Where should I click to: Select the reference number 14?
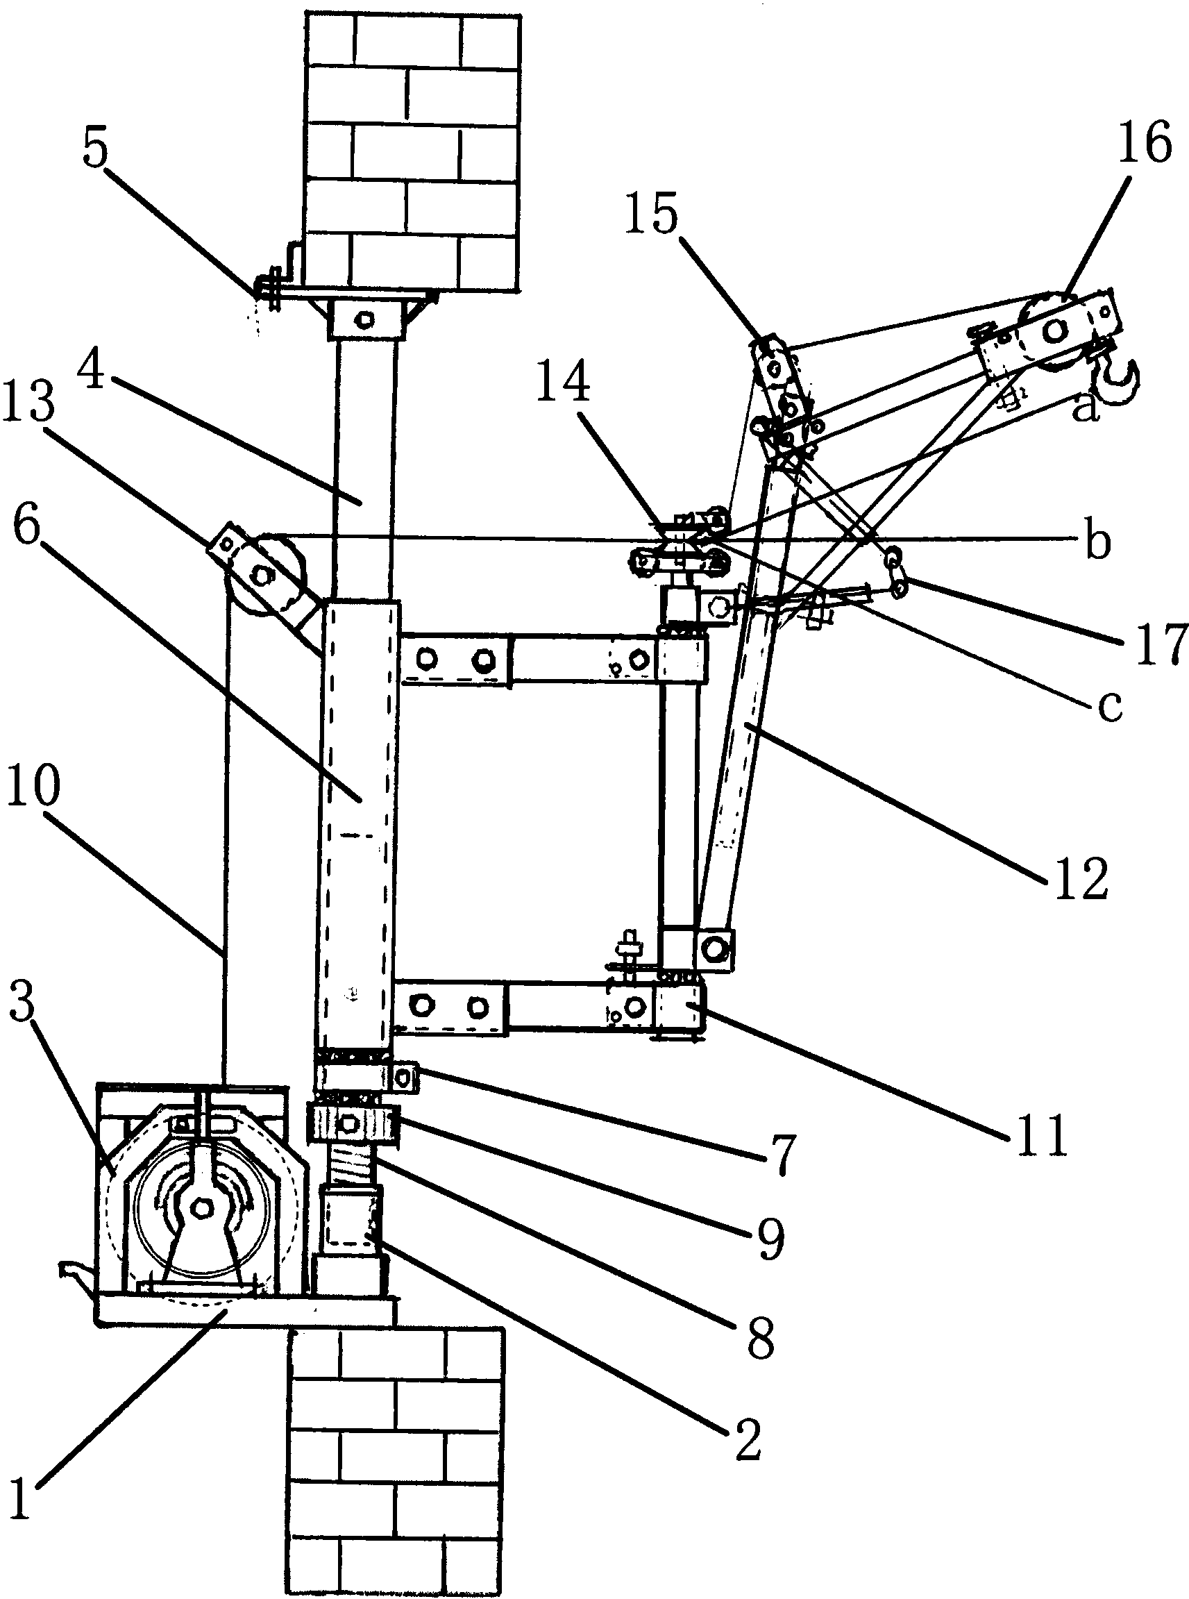pyautogui.click(x=562, y=379)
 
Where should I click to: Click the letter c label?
pyautogui.click(x=1109, y=707)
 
